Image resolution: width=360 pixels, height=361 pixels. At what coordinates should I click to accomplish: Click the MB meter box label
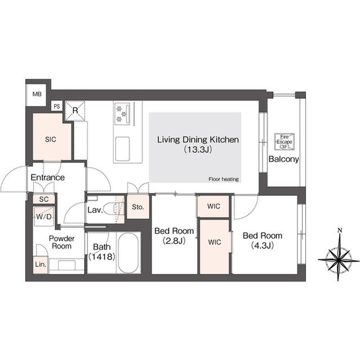pos(37,94)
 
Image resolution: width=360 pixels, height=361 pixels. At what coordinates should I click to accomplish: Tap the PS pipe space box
pos(57,106)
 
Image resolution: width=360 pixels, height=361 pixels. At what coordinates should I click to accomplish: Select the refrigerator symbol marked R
pos(75,111)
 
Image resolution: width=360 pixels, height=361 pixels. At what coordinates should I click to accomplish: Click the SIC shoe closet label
pos(51,139)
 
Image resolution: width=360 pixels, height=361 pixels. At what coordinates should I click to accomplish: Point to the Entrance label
pos(47,177)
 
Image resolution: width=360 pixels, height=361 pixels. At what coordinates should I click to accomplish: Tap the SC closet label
pos(44,199)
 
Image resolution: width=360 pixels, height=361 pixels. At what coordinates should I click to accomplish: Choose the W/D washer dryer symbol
pos(44,217)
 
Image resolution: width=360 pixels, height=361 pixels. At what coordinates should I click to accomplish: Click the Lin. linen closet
pos(41,265)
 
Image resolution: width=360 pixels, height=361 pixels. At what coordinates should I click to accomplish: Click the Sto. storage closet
pos(138,207)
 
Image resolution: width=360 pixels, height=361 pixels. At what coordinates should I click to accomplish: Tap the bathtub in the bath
pos(128,253)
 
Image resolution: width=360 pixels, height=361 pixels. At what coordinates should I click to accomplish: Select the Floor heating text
pos(224,179)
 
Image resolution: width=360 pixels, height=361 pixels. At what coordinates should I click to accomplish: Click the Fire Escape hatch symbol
pos(285,142)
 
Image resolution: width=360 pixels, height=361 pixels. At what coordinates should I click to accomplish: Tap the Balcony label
pos(284,159)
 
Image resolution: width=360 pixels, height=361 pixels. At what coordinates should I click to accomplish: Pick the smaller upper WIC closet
pos(214,206)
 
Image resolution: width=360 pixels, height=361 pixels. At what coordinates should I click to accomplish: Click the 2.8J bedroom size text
pos(174,241)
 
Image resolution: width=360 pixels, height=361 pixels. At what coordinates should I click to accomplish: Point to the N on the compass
pos(340,230)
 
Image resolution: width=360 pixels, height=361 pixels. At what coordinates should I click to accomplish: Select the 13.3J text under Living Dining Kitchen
pos(198,149)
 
